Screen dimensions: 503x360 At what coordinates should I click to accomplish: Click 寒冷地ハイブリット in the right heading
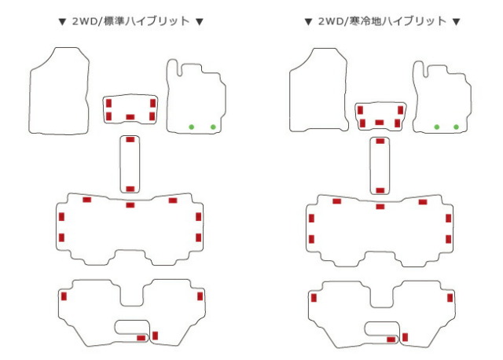point(398,21)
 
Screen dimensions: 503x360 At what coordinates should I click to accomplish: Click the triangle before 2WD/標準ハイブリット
point(62,22)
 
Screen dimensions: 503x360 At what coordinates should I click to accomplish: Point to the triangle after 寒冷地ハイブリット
point(456,22)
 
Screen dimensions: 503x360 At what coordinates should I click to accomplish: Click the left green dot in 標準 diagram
point(192,127)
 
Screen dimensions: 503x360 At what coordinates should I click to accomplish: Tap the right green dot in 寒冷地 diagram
point(456,127)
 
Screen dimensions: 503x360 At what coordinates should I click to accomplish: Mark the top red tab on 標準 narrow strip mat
point(130,140)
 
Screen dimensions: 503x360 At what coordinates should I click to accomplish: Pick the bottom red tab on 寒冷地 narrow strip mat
point(380,190)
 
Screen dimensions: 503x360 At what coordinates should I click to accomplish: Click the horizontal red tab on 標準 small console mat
point(130,117)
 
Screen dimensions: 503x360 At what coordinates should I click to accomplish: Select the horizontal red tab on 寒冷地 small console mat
point(380,123)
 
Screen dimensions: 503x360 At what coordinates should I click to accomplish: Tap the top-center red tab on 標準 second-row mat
point(130,205)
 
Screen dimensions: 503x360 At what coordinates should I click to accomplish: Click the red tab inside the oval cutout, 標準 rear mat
point(141,338)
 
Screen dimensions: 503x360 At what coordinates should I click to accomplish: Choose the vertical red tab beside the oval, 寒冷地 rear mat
point(406,337)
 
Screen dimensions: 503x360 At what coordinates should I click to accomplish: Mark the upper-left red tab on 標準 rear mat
point(64,296)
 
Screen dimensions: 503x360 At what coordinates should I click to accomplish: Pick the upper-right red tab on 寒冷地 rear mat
point(450,298)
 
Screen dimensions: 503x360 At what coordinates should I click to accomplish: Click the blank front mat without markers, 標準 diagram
point(60,91)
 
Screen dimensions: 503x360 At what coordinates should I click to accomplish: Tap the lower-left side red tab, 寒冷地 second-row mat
point(311,239)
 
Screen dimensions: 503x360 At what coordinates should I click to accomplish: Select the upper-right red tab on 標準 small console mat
point(152,103)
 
